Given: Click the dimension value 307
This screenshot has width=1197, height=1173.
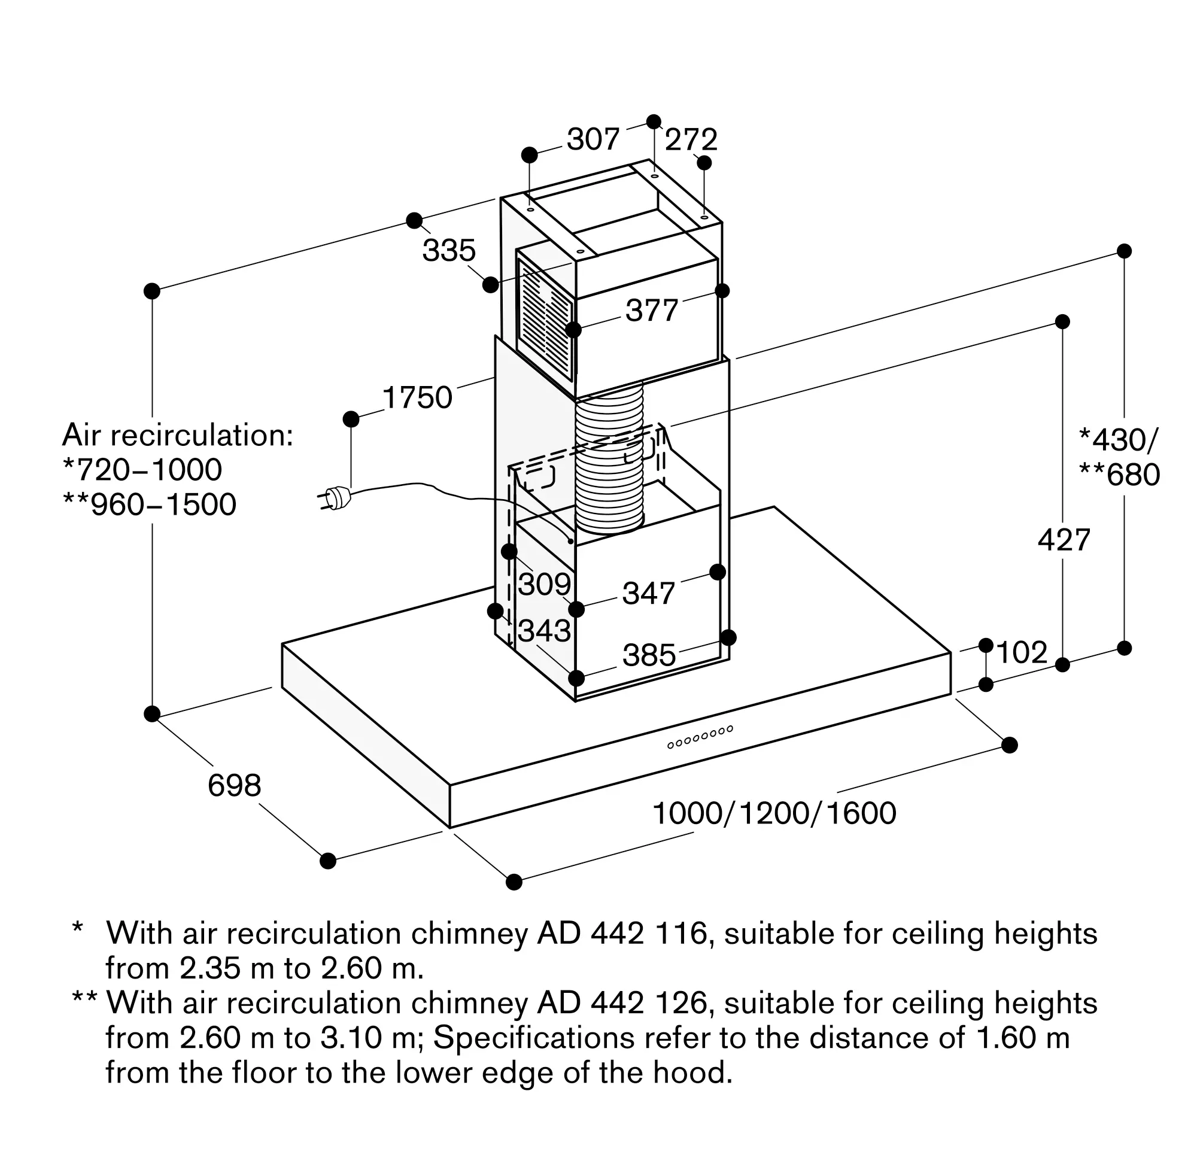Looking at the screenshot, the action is click(593, 139).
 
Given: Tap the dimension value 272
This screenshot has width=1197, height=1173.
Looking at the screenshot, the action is click(691, 140).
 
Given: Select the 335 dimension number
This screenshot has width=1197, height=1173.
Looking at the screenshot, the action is click(449, 251).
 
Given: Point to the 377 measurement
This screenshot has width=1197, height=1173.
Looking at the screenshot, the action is click(652, 310).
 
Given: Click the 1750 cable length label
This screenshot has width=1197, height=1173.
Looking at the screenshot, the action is click(418, 397).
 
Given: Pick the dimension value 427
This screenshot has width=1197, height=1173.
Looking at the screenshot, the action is click(1064, 540).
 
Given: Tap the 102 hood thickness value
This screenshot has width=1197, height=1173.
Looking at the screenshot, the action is click(1022, 652).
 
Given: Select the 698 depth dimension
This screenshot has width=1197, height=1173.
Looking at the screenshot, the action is click(234, 785).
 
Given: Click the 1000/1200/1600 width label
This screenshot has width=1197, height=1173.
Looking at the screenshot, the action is click(774, 813).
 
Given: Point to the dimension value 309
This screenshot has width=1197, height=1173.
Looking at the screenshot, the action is click(545, 584).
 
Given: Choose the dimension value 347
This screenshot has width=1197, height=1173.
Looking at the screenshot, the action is click(649, 593).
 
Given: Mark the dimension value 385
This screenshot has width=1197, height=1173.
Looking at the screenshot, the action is click(649, 655).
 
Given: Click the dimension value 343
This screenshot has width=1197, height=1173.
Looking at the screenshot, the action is click(545, 631).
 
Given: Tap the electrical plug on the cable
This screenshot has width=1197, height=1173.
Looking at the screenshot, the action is click(335, 499).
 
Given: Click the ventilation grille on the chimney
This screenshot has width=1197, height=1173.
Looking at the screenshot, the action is click(546, 319).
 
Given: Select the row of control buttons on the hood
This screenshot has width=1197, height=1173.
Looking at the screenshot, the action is click(700, 737).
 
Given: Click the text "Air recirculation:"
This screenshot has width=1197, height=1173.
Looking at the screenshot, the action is click(177, 436).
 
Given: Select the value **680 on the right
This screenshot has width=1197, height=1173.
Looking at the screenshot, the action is click(1119, 475).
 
